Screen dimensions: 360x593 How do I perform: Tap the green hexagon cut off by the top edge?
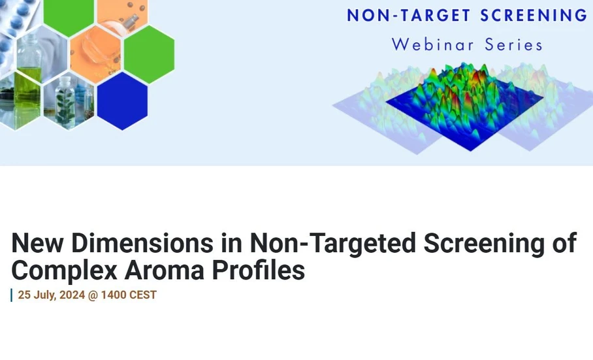[69, 14]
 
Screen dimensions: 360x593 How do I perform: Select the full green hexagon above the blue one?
[149, 54]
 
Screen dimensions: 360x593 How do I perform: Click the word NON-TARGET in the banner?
[402, 15]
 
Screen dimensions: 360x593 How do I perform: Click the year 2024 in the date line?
[71, 295]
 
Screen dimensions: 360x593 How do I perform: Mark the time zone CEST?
[142, 295]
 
